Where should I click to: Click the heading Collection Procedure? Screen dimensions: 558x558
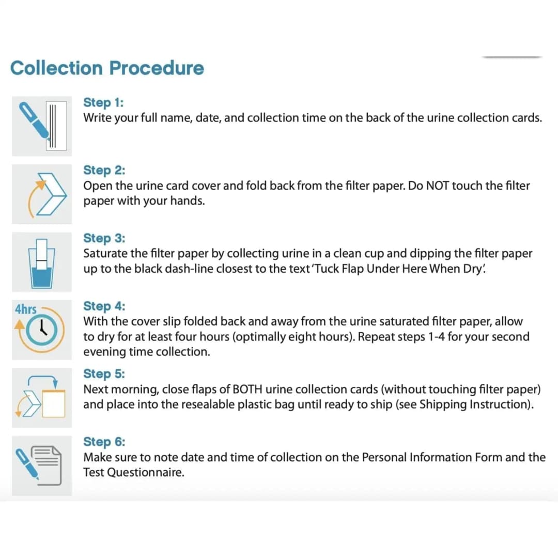107,68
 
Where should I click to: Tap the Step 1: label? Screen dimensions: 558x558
103,102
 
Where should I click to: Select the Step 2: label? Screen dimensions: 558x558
104,170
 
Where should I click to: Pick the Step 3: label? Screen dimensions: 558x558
104,238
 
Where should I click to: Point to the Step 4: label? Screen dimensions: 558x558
104,306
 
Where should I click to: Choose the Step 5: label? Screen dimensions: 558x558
104,374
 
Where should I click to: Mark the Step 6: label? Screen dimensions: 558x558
104,442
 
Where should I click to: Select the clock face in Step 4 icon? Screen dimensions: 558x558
42,330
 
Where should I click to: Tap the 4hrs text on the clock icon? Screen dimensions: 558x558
26,309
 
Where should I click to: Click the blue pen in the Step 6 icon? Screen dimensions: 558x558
27,464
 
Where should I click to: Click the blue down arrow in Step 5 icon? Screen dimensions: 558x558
55,384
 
